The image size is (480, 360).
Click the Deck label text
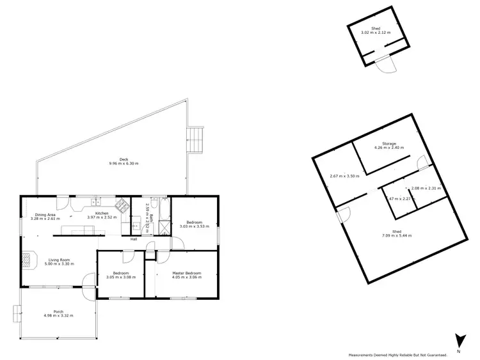pos(124,159)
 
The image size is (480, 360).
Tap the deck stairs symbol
pos(195,138)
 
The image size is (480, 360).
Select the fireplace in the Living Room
pos(26,259)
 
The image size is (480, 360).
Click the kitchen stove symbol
pos(120,205)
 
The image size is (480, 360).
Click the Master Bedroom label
pos(187,273)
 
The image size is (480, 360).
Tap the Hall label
pos(134,239)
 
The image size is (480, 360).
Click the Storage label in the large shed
pos(389,144)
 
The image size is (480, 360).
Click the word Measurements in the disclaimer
pos(364,355)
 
